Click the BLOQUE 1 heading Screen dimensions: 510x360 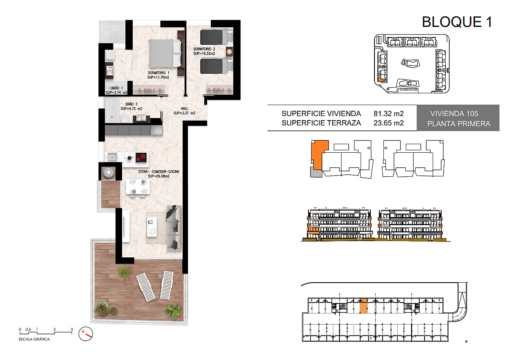457,22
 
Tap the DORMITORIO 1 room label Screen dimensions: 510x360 158,72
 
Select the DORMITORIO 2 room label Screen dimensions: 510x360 204,49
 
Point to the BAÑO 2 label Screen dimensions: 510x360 131,104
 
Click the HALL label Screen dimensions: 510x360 184,109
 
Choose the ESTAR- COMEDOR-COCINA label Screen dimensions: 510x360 159,171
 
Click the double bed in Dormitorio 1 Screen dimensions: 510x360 166,53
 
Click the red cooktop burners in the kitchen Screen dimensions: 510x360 141,157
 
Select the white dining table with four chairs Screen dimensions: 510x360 138,187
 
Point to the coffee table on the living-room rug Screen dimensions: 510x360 151,227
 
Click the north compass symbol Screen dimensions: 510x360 85,334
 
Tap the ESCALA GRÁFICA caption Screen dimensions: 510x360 34,339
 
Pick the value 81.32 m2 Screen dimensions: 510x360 389,114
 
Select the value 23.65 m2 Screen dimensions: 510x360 389,123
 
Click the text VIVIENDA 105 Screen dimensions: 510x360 454,114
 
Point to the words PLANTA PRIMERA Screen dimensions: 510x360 459,124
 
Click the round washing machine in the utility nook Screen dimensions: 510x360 108,172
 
